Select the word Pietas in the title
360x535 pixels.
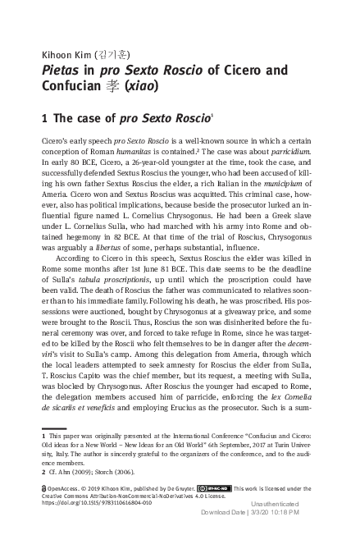tap(62, 69)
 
